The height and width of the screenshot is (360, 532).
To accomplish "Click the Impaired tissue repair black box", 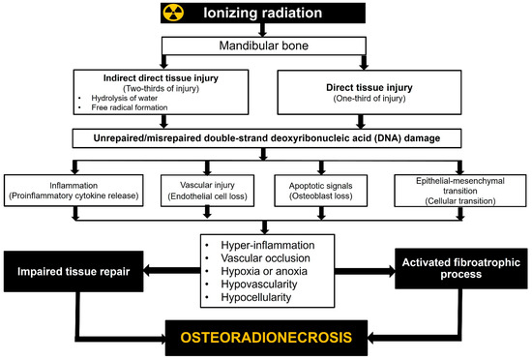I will tap(75, 270).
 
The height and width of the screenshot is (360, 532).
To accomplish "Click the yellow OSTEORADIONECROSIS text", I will tap(266, 339).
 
